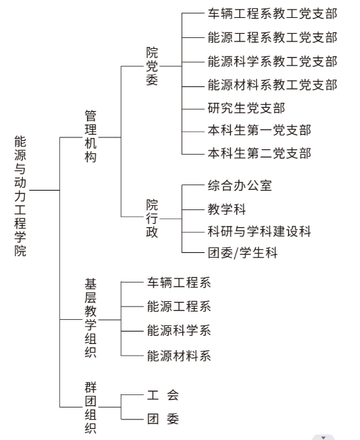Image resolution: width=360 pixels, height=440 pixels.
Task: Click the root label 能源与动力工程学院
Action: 20,196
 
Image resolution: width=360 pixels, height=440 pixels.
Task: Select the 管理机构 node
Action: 91,136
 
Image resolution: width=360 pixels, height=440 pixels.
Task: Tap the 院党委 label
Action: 152,66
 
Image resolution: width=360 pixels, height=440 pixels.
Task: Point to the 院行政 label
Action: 152,218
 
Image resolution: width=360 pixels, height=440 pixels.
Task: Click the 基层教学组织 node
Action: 91,318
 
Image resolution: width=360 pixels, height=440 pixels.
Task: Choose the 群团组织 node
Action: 91,408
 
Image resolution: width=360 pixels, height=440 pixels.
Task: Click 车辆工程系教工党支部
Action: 272,14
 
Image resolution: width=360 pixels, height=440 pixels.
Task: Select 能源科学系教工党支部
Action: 272,61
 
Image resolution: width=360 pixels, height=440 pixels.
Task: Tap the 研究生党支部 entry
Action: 247,108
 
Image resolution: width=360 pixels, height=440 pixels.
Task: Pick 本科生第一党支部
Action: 260,130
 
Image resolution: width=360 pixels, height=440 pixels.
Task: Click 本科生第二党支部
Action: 260,153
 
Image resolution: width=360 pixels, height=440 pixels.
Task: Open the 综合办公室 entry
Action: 240,186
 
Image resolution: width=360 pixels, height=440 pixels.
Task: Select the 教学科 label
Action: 227,209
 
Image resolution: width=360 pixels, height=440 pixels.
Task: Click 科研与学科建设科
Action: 260,231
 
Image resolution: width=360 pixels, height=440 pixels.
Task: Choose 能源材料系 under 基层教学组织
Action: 179,356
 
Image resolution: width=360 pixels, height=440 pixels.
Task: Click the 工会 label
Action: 163,395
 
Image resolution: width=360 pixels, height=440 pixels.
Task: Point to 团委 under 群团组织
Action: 163,419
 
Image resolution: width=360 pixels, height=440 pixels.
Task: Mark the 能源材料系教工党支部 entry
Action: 272,85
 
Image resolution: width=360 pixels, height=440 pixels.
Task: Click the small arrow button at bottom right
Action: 323,437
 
